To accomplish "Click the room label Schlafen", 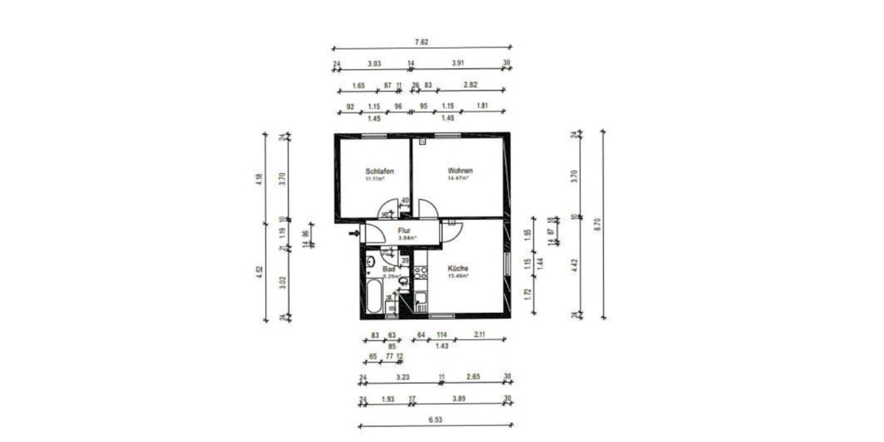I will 379,172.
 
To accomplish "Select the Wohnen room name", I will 460,172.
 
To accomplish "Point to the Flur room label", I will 404,231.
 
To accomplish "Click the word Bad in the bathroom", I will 388,270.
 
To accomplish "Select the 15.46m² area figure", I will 458,276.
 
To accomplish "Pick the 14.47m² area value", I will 460,178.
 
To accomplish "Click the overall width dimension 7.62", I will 421,42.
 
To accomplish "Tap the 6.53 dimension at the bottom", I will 435,420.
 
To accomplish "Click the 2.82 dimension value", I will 471,85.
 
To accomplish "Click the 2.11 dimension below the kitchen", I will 479,335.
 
